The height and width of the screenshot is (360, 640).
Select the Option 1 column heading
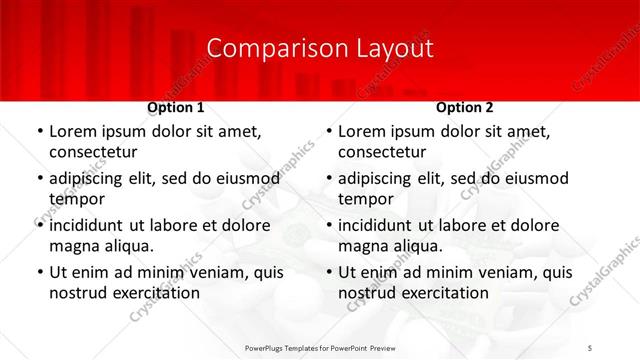[176, 107]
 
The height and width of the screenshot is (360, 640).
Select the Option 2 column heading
[465, 107]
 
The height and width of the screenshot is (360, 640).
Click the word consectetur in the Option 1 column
[93, 152]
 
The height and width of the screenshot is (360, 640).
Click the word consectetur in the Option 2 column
[382, 152]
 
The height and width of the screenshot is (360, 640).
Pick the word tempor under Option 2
[365, 199]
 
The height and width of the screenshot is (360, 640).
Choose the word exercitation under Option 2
[442, 293]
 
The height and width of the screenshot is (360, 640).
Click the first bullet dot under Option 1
[39, 132]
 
